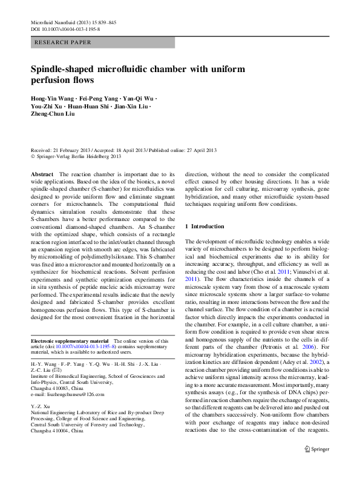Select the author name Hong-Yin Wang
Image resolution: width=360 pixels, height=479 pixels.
[x=52, y=99]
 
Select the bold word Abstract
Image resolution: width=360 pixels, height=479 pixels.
[x=41, y=174]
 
